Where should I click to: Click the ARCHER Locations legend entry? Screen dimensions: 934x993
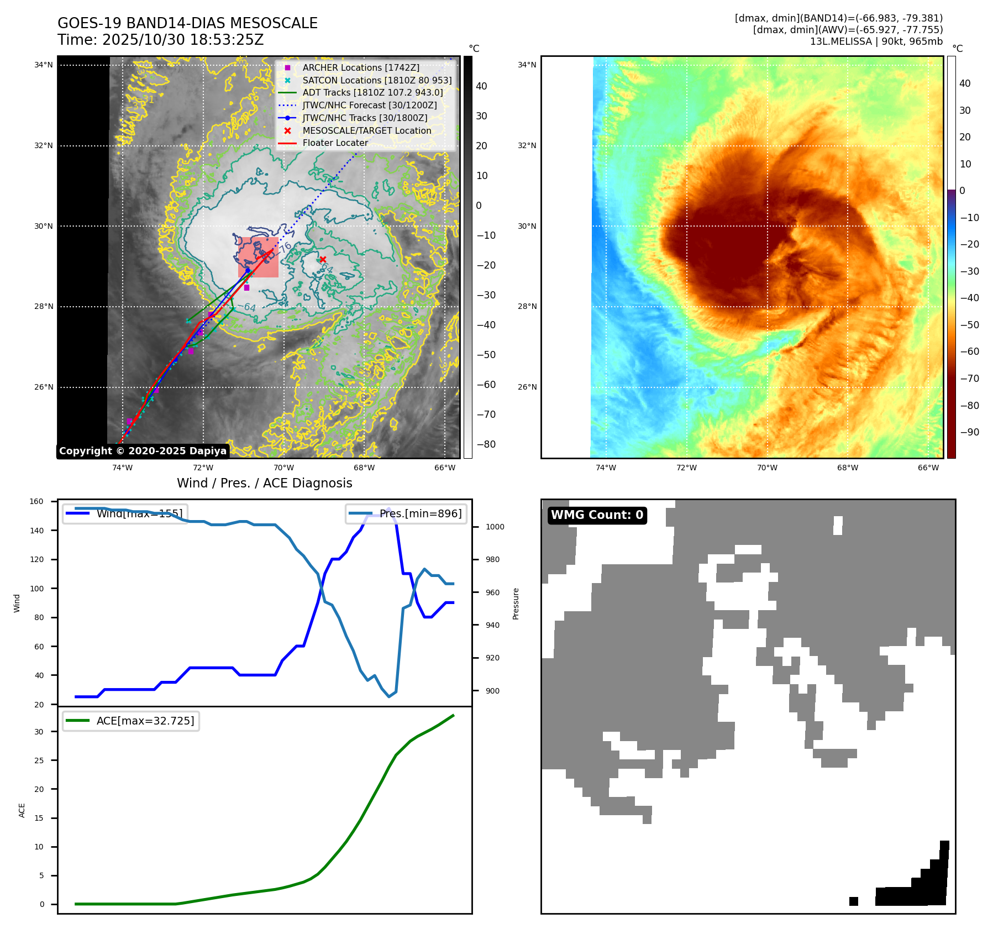point(360,67)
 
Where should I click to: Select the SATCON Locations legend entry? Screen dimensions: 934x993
point(377,80)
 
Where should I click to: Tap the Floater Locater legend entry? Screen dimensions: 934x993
point(335,143)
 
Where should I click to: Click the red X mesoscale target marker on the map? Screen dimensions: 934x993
point(323,259)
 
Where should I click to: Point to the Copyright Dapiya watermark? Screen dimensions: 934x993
point(143,451)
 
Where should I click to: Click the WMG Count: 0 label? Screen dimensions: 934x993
point(597,515)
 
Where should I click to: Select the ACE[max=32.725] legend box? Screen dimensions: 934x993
point(131,721)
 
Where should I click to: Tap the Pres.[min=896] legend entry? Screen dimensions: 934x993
point(406,513)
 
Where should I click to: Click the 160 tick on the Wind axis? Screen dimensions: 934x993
point(36,502)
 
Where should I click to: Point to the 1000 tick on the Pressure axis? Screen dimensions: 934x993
point(495,527)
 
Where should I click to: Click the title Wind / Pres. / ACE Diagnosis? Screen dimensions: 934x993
point(264,483)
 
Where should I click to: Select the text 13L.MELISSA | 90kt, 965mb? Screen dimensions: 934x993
point(876,41)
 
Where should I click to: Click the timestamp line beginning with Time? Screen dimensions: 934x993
point(160,40)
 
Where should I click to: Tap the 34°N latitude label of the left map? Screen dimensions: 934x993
point(44,65)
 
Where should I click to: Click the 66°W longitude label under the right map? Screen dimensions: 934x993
point(928,468)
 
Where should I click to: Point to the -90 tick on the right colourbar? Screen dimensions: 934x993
point(969,432)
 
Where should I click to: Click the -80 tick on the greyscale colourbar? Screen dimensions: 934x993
point(486,444)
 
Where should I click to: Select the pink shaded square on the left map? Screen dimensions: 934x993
point(258,257)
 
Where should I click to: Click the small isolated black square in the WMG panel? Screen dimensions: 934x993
point(853,901)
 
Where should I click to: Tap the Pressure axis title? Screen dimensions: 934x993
point(516,604)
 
